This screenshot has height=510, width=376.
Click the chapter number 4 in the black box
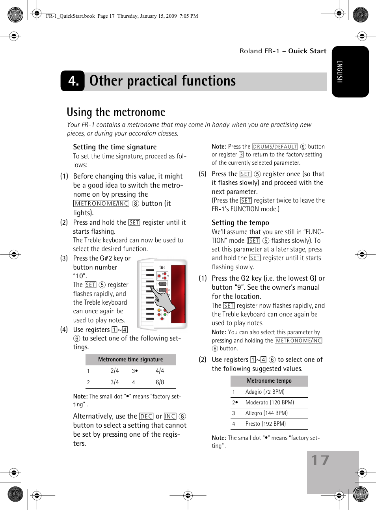[x=73, y=81]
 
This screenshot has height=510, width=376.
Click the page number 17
[x=320, y=460]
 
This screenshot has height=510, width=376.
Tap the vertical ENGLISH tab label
[x=340, y=71]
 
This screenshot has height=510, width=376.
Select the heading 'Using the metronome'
[x=116, y=112]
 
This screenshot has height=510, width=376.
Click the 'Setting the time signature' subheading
[x=115, y=147]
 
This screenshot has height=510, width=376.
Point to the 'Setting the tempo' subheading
[x=240, y=223]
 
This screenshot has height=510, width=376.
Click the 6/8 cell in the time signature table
[x=160, y=382]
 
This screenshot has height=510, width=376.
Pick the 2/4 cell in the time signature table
[x=115, y=371]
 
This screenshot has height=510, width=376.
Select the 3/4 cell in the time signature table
[x=115, y=382]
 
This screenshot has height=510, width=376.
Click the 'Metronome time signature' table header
[x=130, y=359]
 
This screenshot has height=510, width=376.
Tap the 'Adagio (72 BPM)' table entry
[x=265, y=392]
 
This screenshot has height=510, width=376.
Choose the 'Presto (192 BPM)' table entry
[x=265, y=424]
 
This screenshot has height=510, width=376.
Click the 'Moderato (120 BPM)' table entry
[x=270, y=402]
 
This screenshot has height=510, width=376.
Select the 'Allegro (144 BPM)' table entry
[x=266, y=413]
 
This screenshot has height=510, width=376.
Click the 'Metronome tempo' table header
[x=269, y=381]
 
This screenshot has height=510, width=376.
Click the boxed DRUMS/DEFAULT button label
[x=275, y=147]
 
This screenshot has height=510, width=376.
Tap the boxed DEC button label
[x=146, y=417]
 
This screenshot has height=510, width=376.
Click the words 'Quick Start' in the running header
[x=307, y=51]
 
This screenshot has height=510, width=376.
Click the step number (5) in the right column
[x=203, y=174]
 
